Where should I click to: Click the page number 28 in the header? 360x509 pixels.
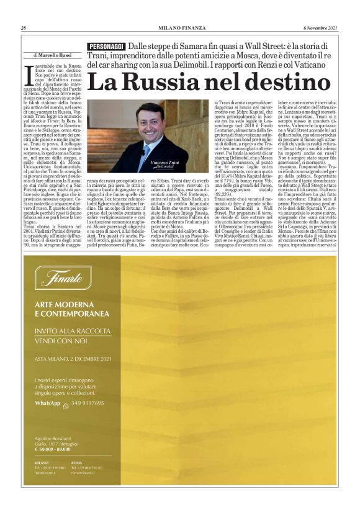tap(23, 27)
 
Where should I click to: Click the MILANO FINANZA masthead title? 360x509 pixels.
tap(179, 27)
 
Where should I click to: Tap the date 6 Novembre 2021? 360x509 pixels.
tap(321, 27)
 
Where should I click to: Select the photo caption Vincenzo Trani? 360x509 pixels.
tap(164, 162)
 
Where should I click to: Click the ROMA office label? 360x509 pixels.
tap(76, 462)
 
